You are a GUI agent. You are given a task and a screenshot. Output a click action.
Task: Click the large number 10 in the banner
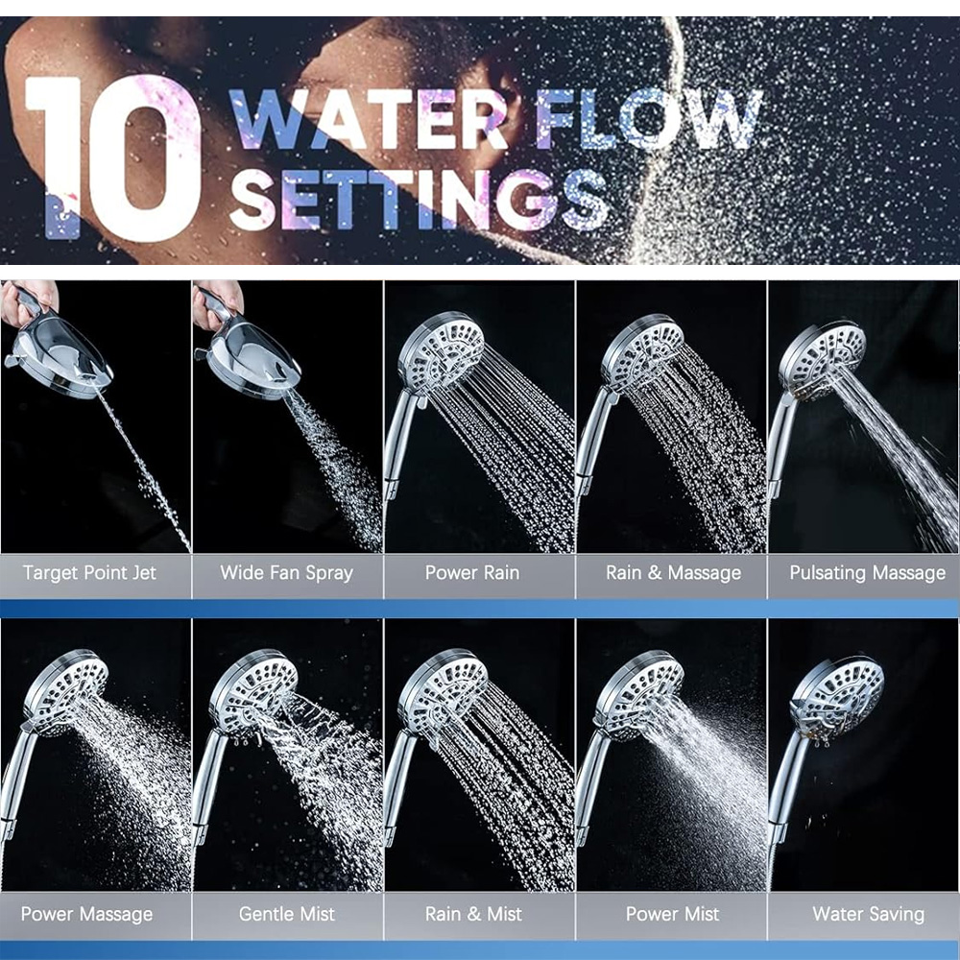click(x=113, y=158)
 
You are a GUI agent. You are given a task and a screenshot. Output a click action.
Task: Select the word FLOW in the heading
click(x=649, y=119)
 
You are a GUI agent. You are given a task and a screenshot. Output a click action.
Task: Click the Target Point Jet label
click(x=89, y=573)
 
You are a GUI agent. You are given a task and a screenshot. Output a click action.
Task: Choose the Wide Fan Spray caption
click(x=286, y=573)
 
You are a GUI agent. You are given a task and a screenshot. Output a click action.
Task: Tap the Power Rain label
click(x=472, y=573)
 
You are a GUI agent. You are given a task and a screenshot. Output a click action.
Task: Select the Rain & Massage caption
click(x=674, y=573)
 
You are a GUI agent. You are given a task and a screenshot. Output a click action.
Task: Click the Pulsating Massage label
click(x=868, y=573)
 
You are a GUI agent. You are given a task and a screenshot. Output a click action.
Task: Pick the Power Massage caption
click(x=87, y=914)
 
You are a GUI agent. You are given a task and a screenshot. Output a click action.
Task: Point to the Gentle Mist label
click(x=286, y=914)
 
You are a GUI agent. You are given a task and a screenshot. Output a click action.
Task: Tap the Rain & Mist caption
click(x=473, y=914)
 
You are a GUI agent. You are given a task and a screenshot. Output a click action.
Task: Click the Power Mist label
click(x=672, y=914)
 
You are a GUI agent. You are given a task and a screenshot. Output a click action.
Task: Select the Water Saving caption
click(x=868, y=914)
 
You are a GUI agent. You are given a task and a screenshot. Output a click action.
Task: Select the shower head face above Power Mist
click(x=640, y=692)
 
